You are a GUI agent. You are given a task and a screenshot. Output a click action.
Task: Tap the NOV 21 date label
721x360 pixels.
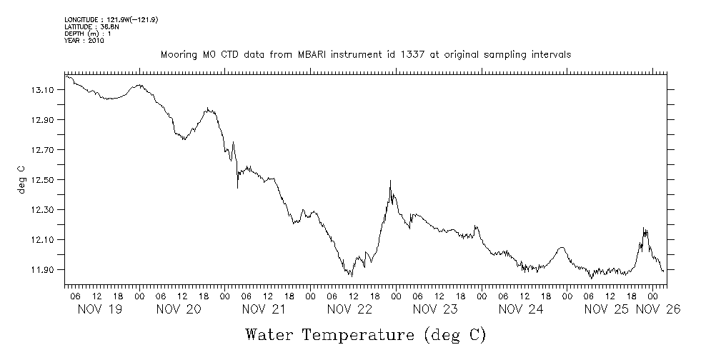pos(264,309)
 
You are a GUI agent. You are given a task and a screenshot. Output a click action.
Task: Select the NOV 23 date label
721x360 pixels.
pos(434,309)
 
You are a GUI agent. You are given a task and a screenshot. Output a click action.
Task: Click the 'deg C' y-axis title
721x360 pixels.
pos(22,180)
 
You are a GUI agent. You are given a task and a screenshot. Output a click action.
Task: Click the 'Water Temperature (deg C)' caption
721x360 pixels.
pos(365,334)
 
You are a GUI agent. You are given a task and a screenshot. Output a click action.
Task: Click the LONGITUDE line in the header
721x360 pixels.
pos(111,20)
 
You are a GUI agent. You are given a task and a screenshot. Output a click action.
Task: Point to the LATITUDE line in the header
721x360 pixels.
pos(91,26)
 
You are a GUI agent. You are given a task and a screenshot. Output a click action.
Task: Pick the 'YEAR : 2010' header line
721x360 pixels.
pos(84,41)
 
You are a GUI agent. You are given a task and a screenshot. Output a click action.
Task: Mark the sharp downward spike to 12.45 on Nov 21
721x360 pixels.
pos(237,187)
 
